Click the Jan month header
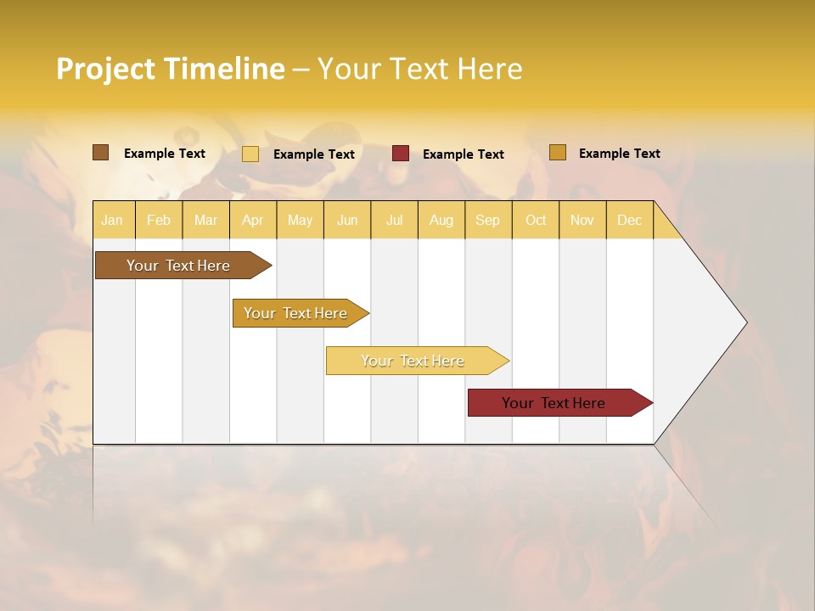point(112,220)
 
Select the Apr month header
point(252,220)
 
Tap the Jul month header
point(394,220)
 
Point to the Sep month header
point(487,220)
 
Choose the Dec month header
point(629,220)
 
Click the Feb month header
point(159,220)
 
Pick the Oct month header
point(536,220)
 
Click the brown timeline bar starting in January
point(178,266)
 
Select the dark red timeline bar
point(554,403)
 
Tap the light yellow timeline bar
point(413,361)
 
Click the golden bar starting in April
point(295,313)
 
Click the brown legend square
point(100,153)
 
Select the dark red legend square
point(401,154)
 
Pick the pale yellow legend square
point(250,154)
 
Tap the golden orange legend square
point(557,153)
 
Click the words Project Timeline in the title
point(170,69)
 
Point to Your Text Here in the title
point(419,69)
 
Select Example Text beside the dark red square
point(464,154)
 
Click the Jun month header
point(347,220)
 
